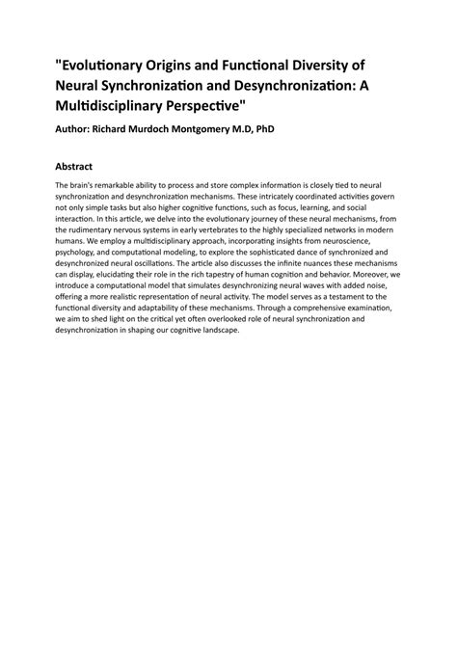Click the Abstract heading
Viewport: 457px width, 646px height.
click(80, 166)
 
